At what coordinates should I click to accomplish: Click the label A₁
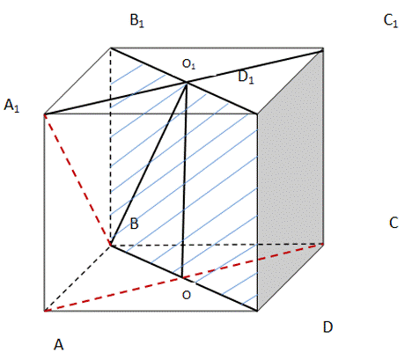click(11, 106)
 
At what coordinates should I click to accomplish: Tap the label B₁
click(137, 20)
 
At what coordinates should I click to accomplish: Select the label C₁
click(391, 20)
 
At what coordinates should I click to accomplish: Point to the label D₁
click(246, 77)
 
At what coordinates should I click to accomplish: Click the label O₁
click(188, 64)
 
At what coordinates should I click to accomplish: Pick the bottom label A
click(59, 344)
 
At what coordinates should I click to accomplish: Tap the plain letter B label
click(134, 224)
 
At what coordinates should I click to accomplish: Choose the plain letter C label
click(394, 223)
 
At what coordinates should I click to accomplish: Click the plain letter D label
click(327, 327)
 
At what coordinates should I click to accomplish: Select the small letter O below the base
click(187, 295)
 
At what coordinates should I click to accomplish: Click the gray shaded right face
click(291, 179)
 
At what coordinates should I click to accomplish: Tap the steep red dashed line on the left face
click(77, 180)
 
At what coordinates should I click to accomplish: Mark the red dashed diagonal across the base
click(184, 277)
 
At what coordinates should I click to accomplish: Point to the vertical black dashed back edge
click(111, 146)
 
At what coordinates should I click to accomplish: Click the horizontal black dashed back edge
click(217, 245)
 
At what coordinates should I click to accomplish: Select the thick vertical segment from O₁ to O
click(184, 180)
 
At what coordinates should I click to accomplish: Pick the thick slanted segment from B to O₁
click(148, 164)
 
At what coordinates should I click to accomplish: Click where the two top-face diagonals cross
click(187, 83)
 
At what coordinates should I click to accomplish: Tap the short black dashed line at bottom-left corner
click(77, 278)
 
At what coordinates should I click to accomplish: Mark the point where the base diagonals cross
click(182, 277)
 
